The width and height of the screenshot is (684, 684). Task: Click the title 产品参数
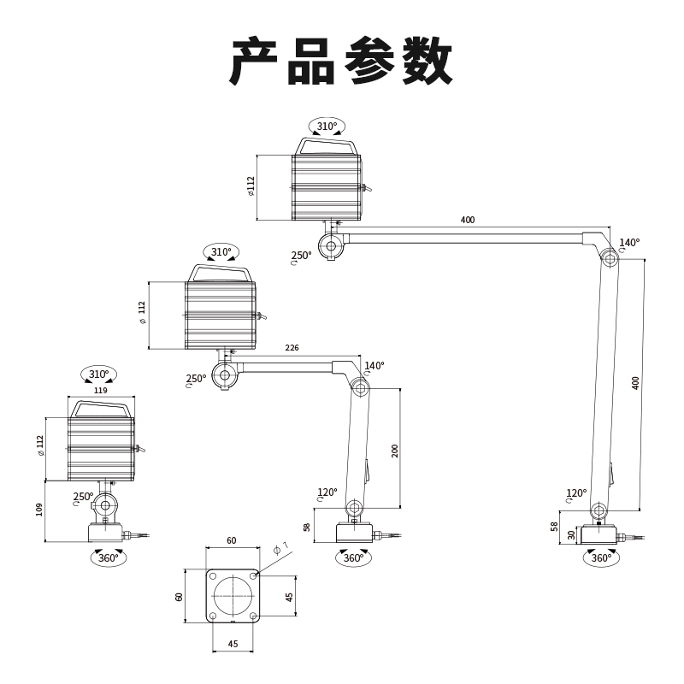pos(341,61)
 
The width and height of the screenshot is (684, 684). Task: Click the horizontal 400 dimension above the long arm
pos(467,220)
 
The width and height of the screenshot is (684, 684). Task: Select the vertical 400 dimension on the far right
pos(634,382)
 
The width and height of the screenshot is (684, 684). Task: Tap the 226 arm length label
pos(292,348)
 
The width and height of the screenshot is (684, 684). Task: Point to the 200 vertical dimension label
pos(395,450)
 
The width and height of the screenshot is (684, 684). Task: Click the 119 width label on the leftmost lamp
pos(100,390)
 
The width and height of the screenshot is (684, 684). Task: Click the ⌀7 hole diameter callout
pos(281,547)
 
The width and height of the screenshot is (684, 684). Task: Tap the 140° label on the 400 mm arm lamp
pos(629,243)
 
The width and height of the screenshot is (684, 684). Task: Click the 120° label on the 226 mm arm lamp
pos(327,492)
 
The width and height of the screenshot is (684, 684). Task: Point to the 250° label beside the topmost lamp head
pos(301,255)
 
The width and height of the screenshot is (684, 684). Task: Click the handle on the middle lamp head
pos(221,272)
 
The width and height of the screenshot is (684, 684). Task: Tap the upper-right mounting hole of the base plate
pos(253,576)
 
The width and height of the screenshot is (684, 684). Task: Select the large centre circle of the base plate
pos(233,596)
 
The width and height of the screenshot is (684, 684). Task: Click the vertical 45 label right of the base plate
pos(289,596)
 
